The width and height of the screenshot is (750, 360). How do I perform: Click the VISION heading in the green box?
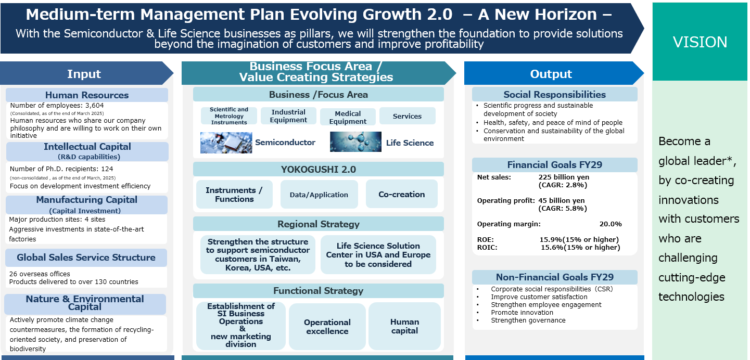[x=700, y=42]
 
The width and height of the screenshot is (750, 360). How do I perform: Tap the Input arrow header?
[x=86, y=73]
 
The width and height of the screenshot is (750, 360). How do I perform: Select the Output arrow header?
[x=554, y=73]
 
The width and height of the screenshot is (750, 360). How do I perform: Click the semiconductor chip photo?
[x=226, y=143]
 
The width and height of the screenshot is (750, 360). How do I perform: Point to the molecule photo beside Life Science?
[x=355, y=142]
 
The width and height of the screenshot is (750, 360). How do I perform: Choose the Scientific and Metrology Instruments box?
[x=229, y=116]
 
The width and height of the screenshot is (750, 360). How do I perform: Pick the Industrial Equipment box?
[x=288, y=116]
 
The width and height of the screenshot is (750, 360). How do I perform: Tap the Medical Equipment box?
[x=348, y=117]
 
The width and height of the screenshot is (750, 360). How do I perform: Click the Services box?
[x=407, y=116]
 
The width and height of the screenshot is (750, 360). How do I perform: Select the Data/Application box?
[x=319, y=195]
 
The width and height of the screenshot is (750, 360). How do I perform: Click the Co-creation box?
[x=402, y=194]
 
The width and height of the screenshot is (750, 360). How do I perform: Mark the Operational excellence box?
[x=327, y=327]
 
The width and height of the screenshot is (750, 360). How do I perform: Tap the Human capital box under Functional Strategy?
[x=404, y=326]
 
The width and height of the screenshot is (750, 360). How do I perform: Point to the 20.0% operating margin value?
[x=611, y=224]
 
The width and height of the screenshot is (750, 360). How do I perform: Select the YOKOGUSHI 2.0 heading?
[x=319, y=169]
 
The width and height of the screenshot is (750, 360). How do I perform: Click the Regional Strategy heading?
[x=319, y=224]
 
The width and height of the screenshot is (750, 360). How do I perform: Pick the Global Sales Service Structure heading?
[x=86, y=258]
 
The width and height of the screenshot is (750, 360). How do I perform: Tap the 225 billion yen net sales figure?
[x=564, y=177]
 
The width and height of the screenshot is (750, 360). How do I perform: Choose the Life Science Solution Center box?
[x=378, y=254]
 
